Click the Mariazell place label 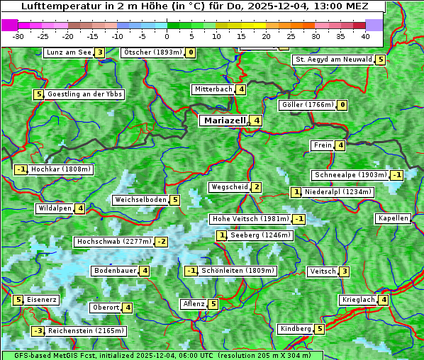click(223, 120)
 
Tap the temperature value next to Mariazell click(257, 120)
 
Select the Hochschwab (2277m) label click(113, 242)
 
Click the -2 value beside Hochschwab click(162, 242)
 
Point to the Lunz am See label click(68, 52)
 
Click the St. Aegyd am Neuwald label click(333, 60)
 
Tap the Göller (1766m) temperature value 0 click(342, 106)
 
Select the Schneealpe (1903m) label click(350, 175)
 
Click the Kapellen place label click(393, 218)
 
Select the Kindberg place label click(296, 329)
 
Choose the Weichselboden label click(140, 200)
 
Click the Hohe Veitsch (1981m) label click(250, 219)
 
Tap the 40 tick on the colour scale click(365, 35)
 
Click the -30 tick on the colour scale click(18, 35)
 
